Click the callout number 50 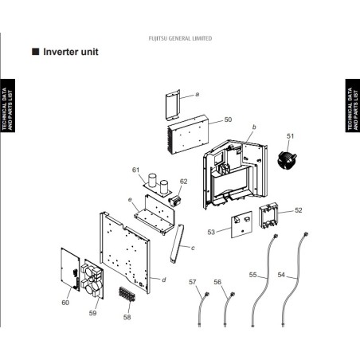pyautogui.click(x=228, y=119)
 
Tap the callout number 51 pyautogui.click(x=291, y=136)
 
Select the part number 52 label pyautogui.click(x=299, y=210)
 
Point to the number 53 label pyautogui.click(x=211, y=233)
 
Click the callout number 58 pyautogui.click(x=127, y=317)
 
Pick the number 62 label pyautogui.click(x=183, y=182)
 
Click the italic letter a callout pyautogui.click(x=198, y=94)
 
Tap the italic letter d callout pyautogui.click(x=164, y=280)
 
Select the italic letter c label pyautogui.click(x=193, y=248)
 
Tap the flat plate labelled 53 pyautogui.click(x=241, y=225)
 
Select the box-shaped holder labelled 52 pyautogui.click(x=268, y=215)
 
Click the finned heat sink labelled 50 pyautogui.click(x=188, y=135)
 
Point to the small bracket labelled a pyautogui.click(x=173, y=104)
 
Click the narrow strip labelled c pyautogui.click(x=177, y=244)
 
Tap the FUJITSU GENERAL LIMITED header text pyautogui.click(x=180, y=38)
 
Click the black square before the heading pyautogui.click(x=36, y=52)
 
